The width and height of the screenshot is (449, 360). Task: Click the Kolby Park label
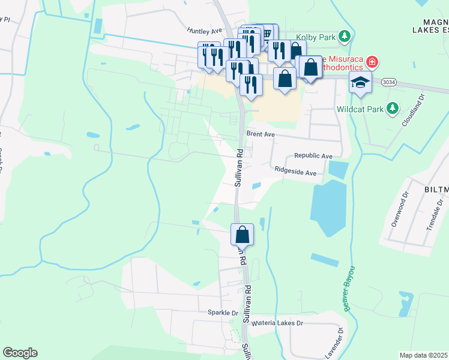pyautogui.click(x=318, y=37)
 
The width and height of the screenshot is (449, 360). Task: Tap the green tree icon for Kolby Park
pyautogui.click(x=345, y=37)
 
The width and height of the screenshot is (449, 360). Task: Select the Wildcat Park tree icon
pyautogui.click(x=392, y=108)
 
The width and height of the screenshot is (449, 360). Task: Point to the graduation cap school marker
pyautogui.click(x=361, y=83)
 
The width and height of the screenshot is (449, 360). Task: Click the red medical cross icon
pyautogui.click(x=372, y=62)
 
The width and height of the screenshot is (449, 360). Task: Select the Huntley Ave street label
pyautogui.click(x=204, y=30)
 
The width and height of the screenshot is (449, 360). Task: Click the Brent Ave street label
pyautogui.click(x=260, y=135)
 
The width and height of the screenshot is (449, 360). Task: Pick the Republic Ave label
pyautogui.click(x=313, y=156)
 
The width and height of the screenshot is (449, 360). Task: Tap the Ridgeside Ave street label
pyautogui.click(x=295, y=172)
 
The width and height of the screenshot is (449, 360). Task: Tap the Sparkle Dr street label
pyautogui.click(x=223, y=313)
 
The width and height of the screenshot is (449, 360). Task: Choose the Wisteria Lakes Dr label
pyautogui.click(x=278, y=323)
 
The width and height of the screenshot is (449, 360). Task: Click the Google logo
pyautogui.click(x=20, y=353)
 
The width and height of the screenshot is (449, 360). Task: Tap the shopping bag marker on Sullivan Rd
pyautogui.click(x=243, y=234)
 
